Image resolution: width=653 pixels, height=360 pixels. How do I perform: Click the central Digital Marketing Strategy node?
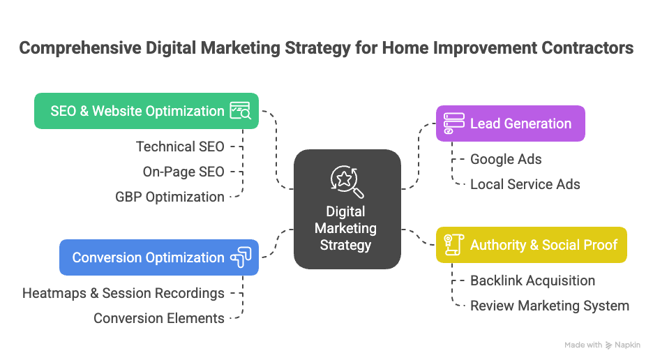coord(347,227)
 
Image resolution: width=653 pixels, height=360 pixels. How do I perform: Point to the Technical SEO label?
coord(180,147)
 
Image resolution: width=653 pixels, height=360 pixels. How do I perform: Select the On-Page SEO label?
coord(183,172)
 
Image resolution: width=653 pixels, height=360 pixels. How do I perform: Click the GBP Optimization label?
coord(170,197)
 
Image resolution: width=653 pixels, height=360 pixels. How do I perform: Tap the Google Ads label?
coord(506,159)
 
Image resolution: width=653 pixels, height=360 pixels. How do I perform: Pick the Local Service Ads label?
coord(525,184)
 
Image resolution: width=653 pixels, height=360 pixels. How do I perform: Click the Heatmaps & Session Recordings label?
coord(123,293)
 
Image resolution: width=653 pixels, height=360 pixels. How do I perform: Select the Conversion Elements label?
coord(159,318)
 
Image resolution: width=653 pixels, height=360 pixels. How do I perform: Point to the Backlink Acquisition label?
coord(532,280)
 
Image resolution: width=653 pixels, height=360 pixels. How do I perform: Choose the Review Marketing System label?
coord(550,306)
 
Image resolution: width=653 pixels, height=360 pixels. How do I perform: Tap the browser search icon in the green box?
coord(240,110)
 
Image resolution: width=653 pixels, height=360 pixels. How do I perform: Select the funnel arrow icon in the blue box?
coord(241,257)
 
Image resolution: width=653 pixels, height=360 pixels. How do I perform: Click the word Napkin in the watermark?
coord(629,345)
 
